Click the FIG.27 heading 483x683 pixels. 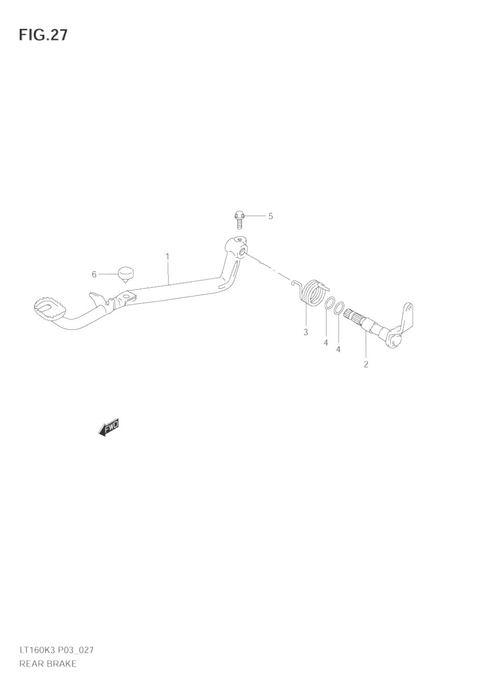(43, 35)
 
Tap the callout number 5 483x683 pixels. (271, 216)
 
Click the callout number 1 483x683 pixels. (167, 257)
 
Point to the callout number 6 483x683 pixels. (94, 275)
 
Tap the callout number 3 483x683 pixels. (306, 333)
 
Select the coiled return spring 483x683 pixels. (312, 293)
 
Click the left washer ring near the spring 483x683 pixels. (329, 304)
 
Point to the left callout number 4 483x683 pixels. (326, 343)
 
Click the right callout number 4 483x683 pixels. (338, 349)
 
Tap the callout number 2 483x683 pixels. (365, 364)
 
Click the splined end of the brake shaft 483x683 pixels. (351, 316)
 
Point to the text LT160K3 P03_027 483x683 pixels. (56, 650)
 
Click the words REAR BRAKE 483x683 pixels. (48, 664)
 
